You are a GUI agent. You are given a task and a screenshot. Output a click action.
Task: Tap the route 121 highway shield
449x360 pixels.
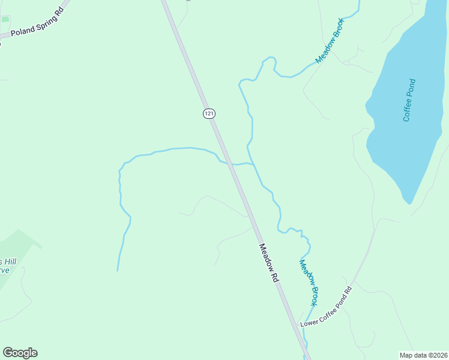208,113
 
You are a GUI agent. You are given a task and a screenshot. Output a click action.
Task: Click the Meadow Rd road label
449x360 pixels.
269,263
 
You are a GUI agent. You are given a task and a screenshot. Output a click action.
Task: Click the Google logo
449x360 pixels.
20,353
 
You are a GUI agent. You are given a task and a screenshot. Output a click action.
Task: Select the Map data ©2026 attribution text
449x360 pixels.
423,355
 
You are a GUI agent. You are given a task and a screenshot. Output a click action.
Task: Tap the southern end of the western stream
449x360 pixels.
117,270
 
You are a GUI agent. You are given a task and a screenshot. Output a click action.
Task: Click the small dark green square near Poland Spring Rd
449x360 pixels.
5,19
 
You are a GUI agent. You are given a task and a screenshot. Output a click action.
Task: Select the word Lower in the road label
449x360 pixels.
309,322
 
